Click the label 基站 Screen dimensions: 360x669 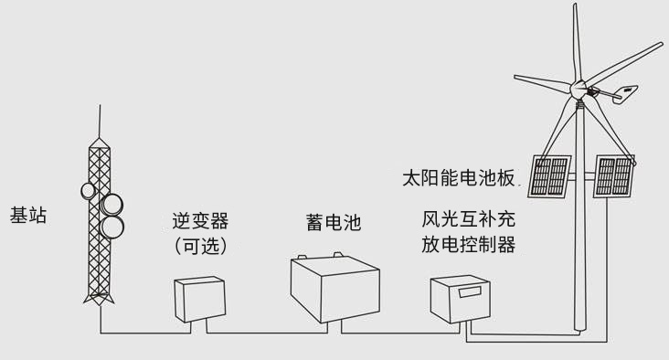(28, 216)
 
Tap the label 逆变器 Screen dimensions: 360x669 (199, 221)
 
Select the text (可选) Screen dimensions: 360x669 (199, 246)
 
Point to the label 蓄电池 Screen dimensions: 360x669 (334, 222)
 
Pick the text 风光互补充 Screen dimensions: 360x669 (468, 219)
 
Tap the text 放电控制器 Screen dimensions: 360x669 (468, 244)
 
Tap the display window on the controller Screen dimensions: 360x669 (471, 293)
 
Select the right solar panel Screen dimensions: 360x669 (614, 176)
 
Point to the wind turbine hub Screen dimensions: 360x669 (578, 90)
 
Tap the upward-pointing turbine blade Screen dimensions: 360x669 (577, 41)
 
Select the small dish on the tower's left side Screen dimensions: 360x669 (89, 191)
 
